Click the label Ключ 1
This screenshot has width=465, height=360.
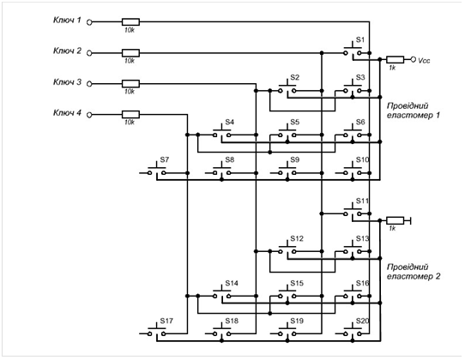(x=67, y=21)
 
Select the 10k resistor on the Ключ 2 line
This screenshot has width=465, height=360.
(x=130, y=53)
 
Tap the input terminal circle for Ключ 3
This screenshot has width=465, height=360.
(x=89, y=84)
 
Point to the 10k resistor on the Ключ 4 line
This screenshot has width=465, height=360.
(x=130, y=115)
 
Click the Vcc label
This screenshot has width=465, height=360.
(x=424, y=61)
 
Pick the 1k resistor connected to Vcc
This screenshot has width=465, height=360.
(x=395, y=59)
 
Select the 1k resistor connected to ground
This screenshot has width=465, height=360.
(x=395, y=220)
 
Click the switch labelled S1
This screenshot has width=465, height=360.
(x=353, y=51)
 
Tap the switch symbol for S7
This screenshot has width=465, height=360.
(x=157, y=171)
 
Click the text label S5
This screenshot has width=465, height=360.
(x=295, y=122)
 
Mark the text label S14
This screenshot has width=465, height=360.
(x=232, y=283)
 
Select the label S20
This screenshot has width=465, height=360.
(x=362, y=321)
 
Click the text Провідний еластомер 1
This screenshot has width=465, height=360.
(x=414, y=111)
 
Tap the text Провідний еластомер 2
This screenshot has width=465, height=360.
(x=414, y=272)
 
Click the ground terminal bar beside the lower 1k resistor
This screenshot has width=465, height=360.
(x=410, y=220)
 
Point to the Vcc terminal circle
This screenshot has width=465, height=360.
(x=414, y=59)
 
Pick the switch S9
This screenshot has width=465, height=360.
(x=287, y=171)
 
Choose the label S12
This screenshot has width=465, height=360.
(x=297, y=239)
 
